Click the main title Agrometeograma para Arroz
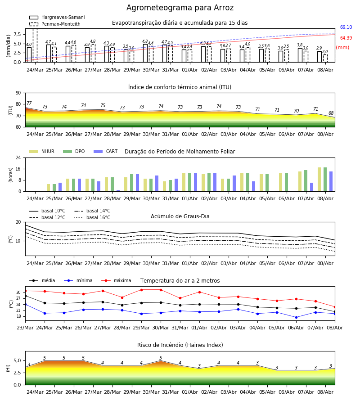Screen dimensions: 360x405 [180, 8]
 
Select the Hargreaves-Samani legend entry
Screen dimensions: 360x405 [57, 17]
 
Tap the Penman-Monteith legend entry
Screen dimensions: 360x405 [55, 24]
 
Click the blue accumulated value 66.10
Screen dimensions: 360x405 [346, 27]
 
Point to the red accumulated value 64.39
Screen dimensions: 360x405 [346, 38]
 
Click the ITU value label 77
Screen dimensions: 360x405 [29, 103]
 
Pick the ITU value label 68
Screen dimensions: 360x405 [331, 113]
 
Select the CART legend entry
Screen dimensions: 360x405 [106, 151]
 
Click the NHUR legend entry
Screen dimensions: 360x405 [42, 151]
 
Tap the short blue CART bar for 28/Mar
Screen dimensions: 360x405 [118, 191]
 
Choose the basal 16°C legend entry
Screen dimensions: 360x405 [92, 217]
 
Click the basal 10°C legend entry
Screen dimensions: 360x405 [47, 211]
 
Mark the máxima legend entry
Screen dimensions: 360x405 [116, 280]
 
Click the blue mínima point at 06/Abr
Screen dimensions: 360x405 [296, 317]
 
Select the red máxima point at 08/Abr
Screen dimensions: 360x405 [335, 307]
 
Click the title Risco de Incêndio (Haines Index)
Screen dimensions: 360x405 [180, 345]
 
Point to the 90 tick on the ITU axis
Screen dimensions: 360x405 [18, 93]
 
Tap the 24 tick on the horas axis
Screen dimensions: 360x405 [18, 157]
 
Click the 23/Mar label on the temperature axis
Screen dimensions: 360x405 [25, 328]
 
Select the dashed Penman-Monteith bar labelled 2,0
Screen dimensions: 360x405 [325, 58]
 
